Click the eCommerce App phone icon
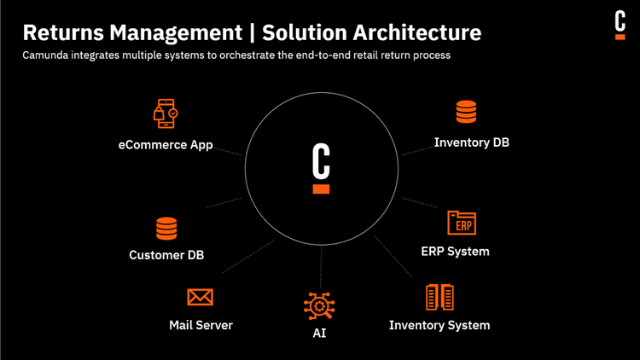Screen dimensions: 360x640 pyautogui.click(x=166, y=113)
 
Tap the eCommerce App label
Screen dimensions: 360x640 pyautogui.click(x=166, y=145)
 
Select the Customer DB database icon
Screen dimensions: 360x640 pyautogui.click(x=166, y=228)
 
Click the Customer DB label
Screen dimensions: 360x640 pyautogui.click(x=166, y=255)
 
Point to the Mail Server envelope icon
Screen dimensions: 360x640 pyautogui.click(x=200, y=297)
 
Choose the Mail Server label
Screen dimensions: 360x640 pyautogui.click(x=201, y=325)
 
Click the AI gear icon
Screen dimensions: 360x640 pyautogui.click(x=319, y=305)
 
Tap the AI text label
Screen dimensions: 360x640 pyautogui.click(x=319, y=334)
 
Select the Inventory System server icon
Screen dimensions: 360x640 pyautogui.click(x=439, y=297)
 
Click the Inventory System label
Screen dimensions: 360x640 pyautogui.click(x=439, y=325)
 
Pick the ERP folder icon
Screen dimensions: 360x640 pyautogui.click(x=462, y=224)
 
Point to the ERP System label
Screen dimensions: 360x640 pyautogui.click(x=455, y=252)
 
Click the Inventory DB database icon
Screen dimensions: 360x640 pyautogui.click(x=466, y=112)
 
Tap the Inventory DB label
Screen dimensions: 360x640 pyautogui.click(x=471, y=142)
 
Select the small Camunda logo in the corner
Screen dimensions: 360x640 pyautogui.click(x=620, y=25)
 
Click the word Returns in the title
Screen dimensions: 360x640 pyautogui.click(x=59, y=33)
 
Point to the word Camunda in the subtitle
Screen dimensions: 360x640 pyautogui.click(x=49, y=55)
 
